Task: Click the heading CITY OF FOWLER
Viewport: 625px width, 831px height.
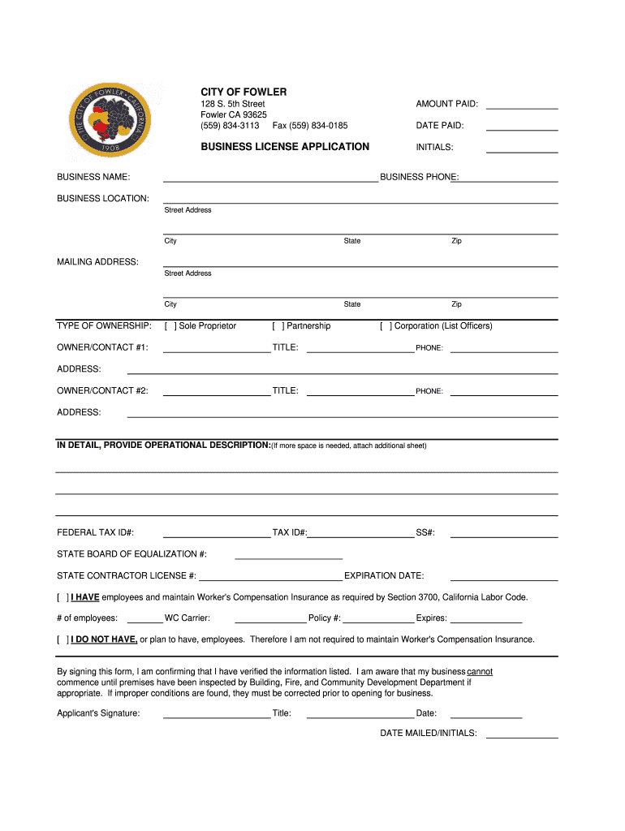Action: pyautogui.click(x=244, y=92)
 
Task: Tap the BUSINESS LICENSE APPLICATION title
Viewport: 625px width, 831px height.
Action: pyautogui.click(x=285, y=147)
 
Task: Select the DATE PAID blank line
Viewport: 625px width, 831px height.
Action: pyautogui.click(x=522, y=127)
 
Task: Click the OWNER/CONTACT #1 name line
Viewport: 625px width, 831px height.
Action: pyautogui.click(x=217, y=350)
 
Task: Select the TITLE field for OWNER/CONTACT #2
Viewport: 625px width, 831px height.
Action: pyautogui.click(x=360, y=393)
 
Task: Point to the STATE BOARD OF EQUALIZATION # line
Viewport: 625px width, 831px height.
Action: pyautogui.click(x=288, y=556)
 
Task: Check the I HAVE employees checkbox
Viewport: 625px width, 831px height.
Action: pyautogui.click(x=62, y=597)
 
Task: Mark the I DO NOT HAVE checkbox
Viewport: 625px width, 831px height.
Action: pyautogui.click(x=62, y=639)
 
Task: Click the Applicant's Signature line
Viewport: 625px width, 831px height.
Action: pyautogui.click(x=217, y=716)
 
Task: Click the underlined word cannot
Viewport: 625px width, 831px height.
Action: pyautogui.click(x=480, y=672)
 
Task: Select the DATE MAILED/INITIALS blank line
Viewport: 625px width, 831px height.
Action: pyautogui.click(x=522, y=735)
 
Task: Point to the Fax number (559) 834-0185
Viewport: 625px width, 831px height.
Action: pyautogui.click(x=310, y=126)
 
